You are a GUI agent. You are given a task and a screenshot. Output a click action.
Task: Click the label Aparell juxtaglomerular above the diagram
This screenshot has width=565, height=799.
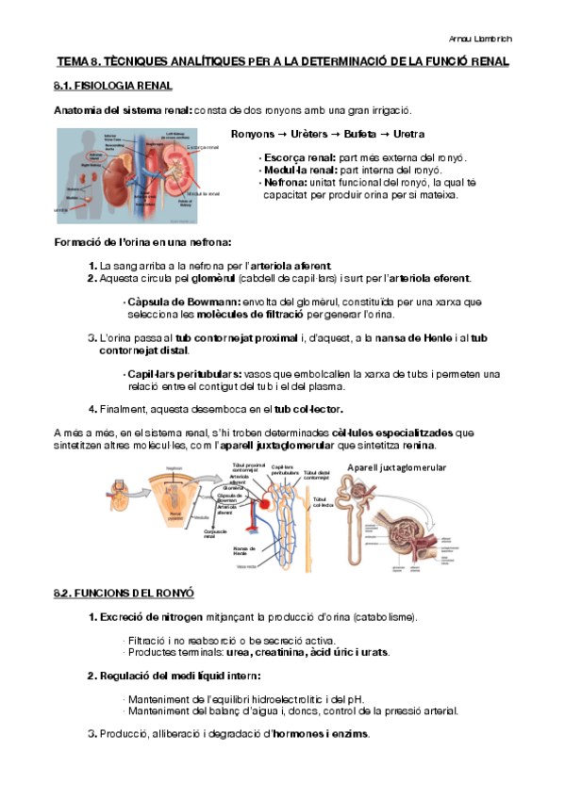coord(396,467)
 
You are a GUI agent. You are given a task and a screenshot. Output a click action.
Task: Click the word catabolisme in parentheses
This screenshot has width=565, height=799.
coord(383,617)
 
